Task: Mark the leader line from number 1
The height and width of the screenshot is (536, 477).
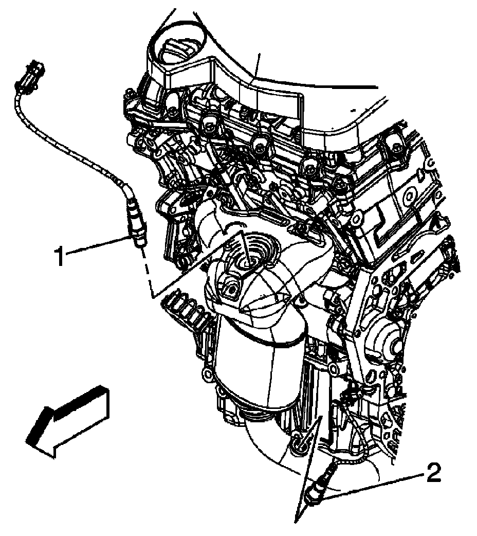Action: pos(98,245)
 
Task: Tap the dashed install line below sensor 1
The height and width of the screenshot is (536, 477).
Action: pos(146,273)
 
